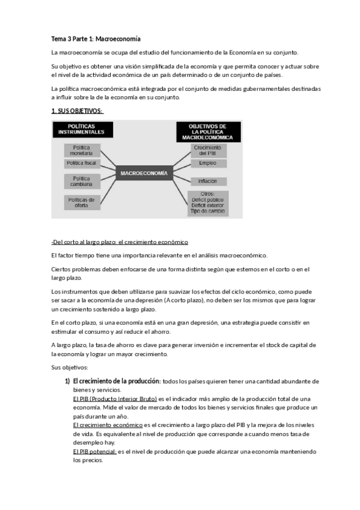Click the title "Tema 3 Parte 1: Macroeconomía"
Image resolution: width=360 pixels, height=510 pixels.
(96, 38)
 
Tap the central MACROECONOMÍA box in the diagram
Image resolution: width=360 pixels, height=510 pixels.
(144, 173)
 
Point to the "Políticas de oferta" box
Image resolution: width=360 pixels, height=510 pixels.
(82, 202)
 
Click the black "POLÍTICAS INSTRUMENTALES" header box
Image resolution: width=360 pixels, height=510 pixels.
(82, 129)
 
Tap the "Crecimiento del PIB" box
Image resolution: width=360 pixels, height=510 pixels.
(208, 150)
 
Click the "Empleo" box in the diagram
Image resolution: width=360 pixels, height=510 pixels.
(208, 164)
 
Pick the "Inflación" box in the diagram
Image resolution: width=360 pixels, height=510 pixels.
(208, 181)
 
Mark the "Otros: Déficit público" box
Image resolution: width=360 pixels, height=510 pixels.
(208, 203)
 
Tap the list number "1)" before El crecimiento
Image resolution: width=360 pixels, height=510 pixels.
(67, 381)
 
